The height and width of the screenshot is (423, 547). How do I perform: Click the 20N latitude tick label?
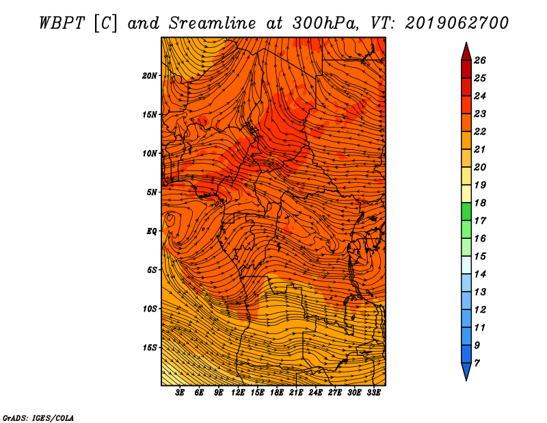pos(150,76)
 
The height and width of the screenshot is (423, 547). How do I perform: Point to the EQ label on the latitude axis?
pos(152,231)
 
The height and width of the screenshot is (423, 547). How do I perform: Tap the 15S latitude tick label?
pos(150,348)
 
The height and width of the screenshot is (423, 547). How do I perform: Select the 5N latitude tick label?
pos(152,192)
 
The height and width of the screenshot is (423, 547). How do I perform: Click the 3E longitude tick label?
pos(180,392)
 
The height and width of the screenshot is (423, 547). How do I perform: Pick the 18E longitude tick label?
pos(277,392)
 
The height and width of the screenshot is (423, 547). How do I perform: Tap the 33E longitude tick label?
pos(373,392)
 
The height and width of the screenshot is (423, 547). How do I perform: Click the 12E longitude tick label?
pos(238,392)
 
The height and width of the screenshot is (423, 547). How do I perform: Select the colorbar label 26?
pos(480,60)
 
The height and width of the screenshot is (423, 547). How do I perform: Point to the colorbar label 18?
pos(480,203)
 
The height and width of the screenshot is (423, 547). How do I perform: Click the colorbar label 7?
pos(477,363)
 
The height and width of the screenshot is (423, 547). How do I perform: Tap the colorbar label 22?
pos(480,131)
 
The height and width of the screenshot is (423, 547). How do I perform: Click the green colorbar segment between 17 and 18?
pos(466,211)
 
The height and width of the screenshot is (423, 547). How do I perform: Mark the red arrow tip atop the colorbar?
pos(466,42)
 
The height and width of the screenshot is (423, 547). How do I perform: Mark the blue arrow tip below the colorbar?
pos(466,381)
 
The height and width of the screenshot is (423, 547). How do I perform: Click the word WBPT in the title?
pos(62,23)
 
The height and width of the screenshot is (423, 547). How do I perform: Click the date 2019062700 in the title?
pos(457,23)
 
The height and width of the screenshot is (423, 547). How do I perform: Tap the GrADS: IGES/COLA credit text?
pos(38,418)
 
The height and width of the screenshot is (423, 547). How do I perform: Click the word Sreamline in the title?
pos(212,23)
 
